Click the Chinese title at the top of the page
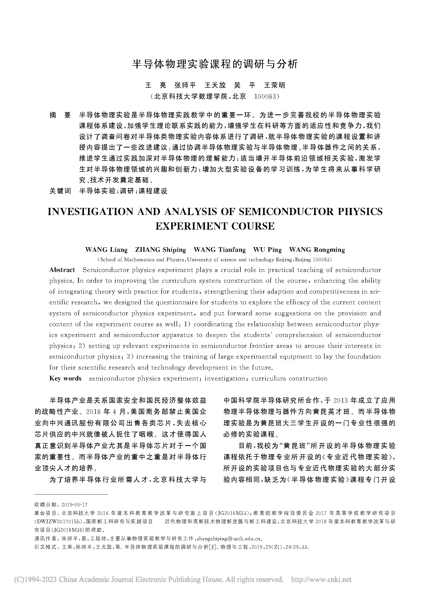[215, 64]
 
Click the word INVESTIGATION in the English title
[91, 211]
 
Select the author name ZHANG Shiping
[160, 249]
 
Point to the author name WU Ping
[267, 249]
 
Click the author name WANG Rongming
[317, 249]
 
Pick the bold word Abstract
[62, 270]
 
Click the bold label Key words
[65, 378]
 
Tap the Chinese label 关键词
[60, 191]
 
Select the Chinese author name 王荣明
[274, 85]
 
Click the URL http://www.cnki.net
[321, 579]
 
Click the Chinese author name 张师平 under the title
[185, 85]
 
